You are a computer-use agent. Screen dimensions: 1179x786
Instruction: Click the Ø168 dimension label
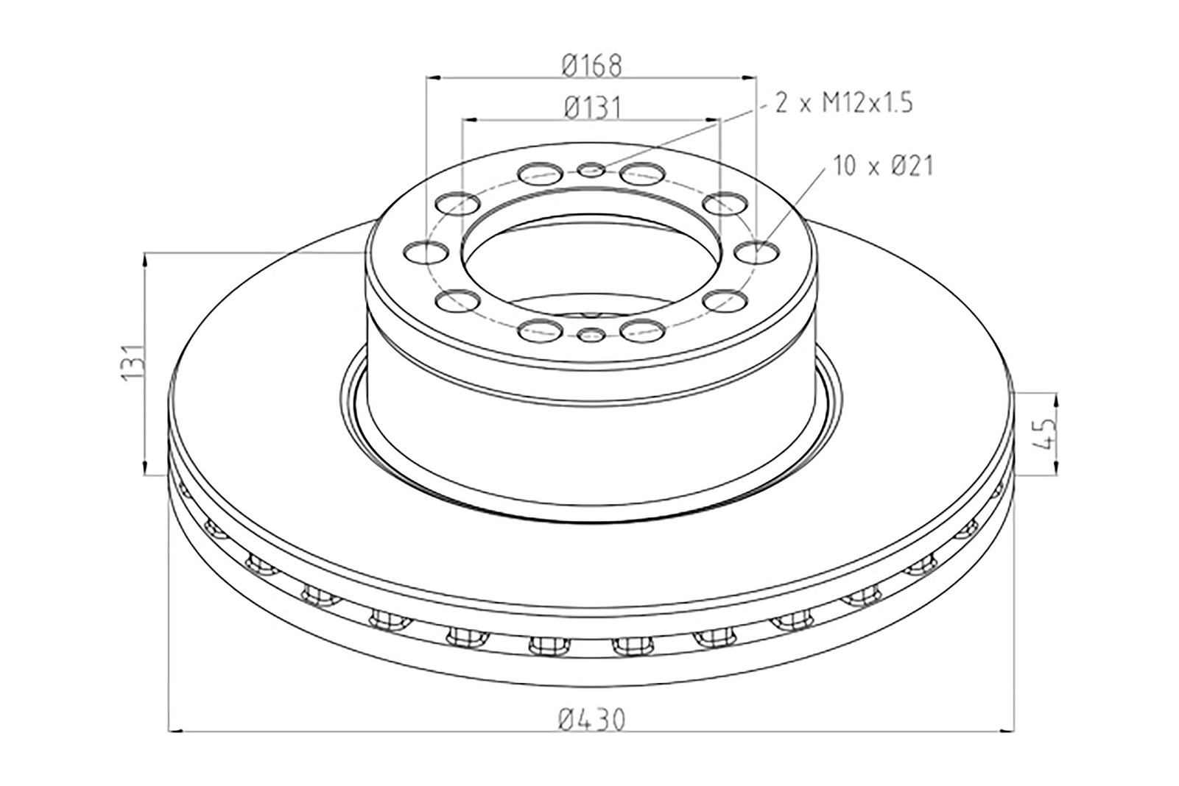click(591, 65)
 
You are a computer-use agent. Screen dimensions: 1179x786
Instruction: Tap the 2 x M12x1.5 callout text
click(843, 102)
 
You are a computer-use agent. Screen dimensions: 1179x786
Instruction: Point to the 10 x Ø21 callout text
click(883, 166)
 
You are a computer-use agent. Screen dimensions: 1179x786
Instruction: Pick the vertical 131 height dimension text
click(132, 362)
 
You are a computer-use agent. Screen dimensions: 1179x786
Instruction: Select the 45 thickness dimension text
click(1043, 433)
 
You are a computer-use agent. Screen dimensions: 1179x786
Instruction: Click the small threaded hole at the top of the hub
click(591, 169)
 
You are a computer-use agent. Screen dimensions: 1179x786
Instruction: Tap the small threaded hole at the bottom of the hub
click(591, 334)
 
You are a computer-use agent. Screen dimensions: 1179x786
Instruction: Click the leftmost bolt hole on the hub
click(426, 252)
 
